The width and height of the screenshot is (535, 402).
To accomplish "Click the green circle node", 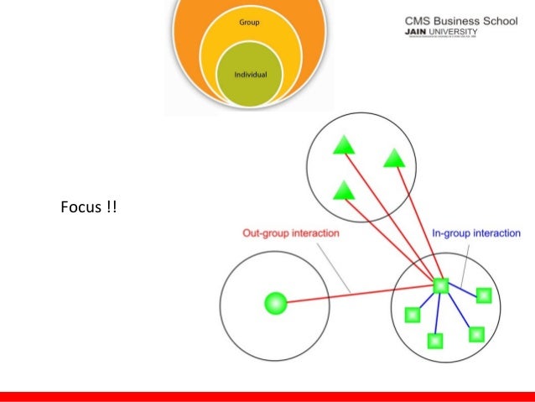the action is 275,303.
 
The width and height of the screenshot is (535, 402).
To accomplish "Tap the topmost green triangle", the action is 344,147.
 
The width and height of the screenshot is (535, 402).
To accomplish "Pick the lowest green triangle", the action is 342,191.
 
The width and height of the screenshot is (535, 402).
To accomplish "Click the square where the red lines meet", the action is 441,286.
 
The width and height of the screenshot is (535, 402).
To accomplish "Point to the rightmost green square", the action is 483,295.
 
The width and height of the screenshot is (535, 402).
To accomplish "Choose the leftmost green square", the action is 412,315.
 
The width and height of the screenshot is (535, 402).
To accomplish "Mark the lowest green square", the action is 434,340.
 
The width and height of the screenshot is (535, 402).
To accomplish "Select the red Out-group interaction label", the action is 290,233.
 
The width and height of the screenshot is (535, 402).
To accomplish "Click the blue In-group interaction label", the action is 475,233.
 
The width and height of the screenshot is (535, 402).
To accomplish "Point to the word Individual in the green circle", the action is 252,75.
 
